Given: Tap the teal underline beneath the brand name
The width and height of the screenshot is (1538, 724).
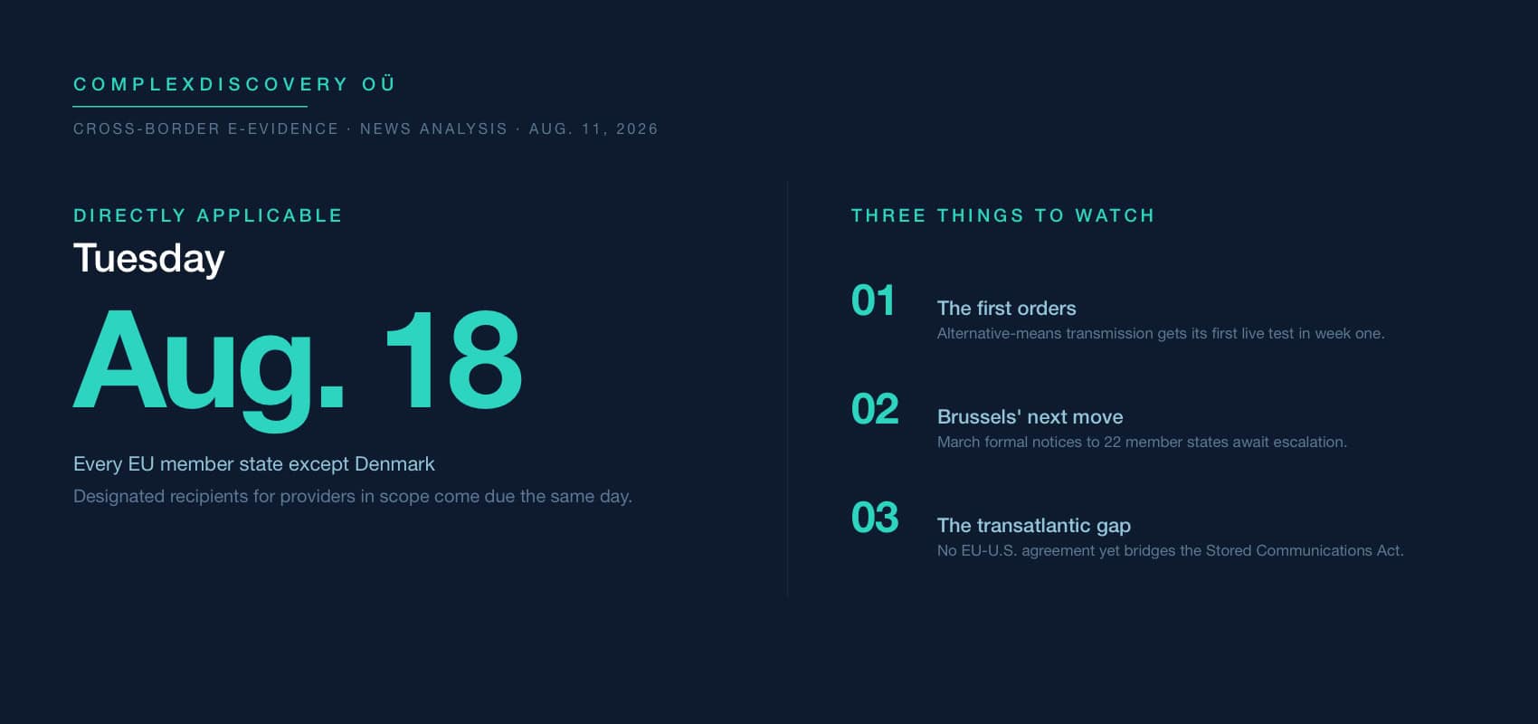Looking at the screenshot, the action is tap(190, 107).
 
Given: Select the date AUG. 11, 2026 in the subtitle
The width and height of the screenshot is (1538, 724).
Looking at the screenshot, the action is tap(593, 129).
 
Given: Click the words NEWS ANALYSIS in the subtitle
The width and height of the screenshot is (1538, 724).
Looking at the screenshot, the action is tap(433, 129).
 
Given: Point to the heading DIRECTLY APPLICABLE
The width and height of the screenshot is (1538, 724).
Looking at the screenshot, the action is tap(208, 215).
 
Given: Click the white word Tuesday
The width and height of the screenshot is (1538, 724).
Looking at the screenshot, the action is tap(149, 259).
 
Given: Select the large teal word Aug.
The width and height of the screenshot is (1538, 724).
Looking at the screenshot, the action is tap(209, 369).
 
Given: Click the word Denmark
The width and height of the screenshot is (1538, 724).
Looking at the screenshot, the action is tap(394, 464).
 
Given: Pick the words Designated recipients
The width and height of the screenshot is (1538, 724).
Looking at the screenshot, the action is tap(161, 497).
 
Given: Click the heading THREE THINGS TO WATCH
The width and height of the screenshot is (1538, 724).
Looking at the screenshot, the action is tap(1003, 215).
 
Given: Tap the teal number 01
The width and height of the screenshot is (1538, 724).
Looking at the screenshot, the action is tap(873, 300).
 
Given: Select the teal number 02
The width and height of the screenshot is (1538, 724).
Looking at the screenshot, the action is tap(875, 409).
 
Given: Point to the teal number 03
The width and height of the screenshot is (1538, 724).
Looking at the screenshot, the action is tap(875, 518).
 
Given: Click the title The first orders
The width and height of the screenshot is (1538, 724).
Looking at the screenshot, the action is tap(1007, 309).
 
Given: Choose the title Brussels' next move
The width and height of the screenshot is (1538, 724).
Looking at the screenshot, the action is tap(1030, 417).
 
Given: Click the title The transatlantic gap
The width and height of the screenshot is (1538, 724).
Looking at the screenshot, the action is tap(1034, 526).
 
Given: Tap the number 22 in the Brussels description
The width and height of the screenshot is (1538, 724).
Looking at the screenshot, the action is tap(1112, 443).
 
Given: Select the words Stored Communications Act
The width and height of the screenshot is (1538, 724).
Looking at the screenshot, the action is tap(1304, 551).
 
